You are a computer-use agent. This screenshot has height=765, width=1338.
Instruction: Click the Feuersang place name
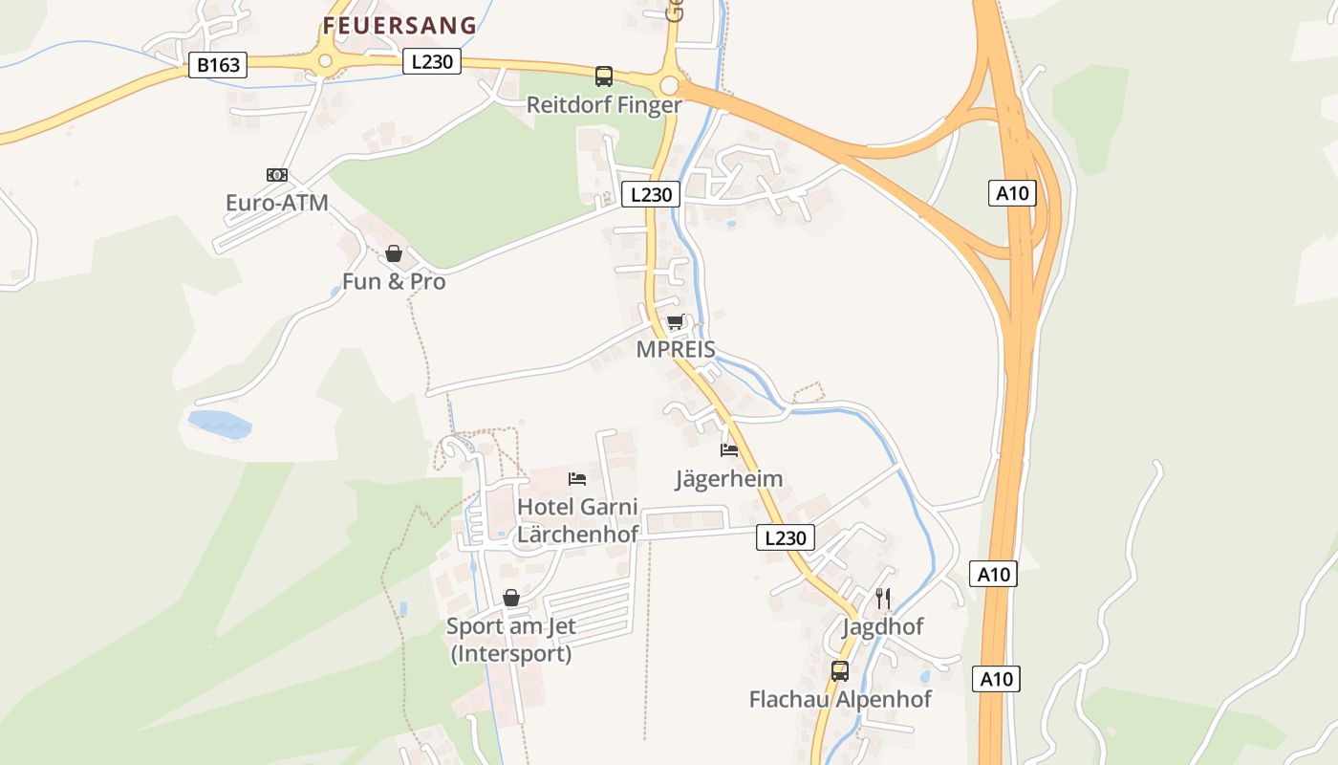(399, 26)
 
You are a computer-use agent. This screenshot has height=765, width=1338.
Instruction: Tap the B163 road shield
(218, 65)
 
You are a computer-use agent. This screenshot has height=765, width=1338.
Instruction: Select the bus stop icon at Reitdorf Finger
(604, 76)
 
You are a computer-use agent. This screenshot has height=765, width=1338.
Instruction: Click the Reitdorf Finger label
(604, 105)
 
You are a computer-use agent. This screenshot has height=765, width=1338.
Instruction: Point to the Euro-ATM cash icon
(277, 175)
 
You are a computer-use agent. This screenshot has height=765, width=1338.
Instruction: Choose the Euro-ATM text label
(277, 203)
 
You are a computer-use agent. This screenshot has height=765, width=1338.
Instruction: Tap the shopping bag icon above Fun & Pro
(394, 253)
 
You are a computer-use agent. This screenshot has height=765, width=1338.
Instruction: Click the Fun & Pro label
(394, 282)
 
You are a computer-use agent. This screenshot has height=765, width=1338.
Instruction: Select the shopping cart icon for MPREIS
(676, 321)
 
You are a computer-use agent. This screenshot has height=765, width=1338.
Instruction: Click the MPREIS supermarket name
(676, 349)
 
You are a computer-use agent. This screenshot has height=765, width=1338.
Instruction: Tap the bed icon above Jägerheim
(729, 449)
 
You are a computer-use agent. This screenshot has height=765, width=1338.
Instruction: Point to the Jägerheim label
(729, 478)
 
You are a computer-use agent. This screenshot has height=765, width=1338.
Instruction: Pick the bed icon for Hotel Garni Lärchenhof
(577, 478)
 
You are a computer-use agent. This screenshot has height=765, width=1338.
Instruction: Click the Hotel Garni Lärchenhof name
(577, 520)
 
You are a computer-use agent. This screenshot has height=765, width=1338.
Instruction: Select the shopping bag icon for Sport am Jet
(511, 598)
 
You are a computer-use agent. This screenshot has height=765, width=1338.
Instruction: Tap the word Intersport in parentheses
(511, 654)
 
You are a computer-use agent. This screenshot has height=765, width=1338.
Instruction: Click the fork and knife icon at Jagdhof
(883, 599)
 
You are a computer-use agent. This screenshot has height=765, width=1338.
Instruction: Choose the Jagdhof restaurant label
(883, 627)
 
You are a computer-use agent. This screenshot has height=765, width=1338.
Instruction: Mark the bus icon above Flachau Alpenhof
(840, 671)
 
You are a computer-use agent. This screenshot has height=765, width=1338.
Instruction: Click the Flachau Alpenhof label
(840, 699)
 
